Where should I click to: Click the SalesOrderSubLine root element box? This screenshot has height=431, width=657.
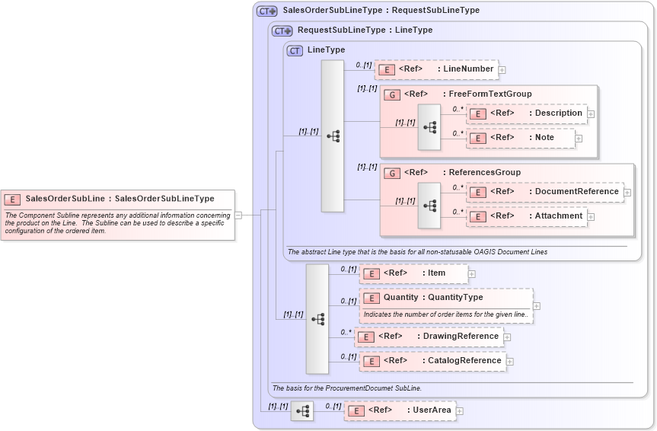click(118, 200)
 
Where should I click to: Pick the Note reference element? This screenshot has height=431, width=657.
click(521, 138)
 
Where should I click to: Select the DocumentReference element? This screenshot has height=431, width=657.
click(545, 192)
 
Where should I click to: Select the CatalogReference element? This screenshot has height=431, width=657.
click(432, 361)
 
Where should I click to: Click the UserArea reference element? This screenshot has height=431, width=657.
click(400, 410)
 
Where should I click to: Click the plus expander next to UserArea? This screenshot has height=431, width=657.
click(460, 411)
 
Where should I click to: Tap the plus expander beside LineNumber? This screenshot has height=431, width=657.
click(502, 70)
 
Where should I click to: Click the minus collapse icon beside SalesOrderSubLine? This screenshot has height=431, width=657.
click(238, 215)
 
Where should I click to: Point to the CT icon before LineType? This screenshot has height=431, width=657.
click(295, 50)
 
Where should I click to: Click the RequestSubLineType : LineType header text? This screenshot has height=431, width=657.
click(365, 30)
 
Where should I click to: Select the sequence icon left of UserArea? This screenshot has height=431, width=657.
click(302, 411)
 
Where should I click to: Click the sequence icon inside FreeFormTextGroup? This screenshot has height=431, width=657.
click(429, 126)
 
